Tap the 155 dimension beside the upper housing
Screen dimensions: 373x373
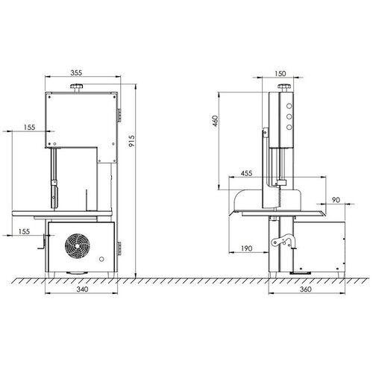point(28,127)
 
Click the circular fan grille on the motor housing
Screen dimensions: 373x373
point(78,245)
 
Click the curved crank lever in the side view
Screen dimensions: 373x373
point(281,242)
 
